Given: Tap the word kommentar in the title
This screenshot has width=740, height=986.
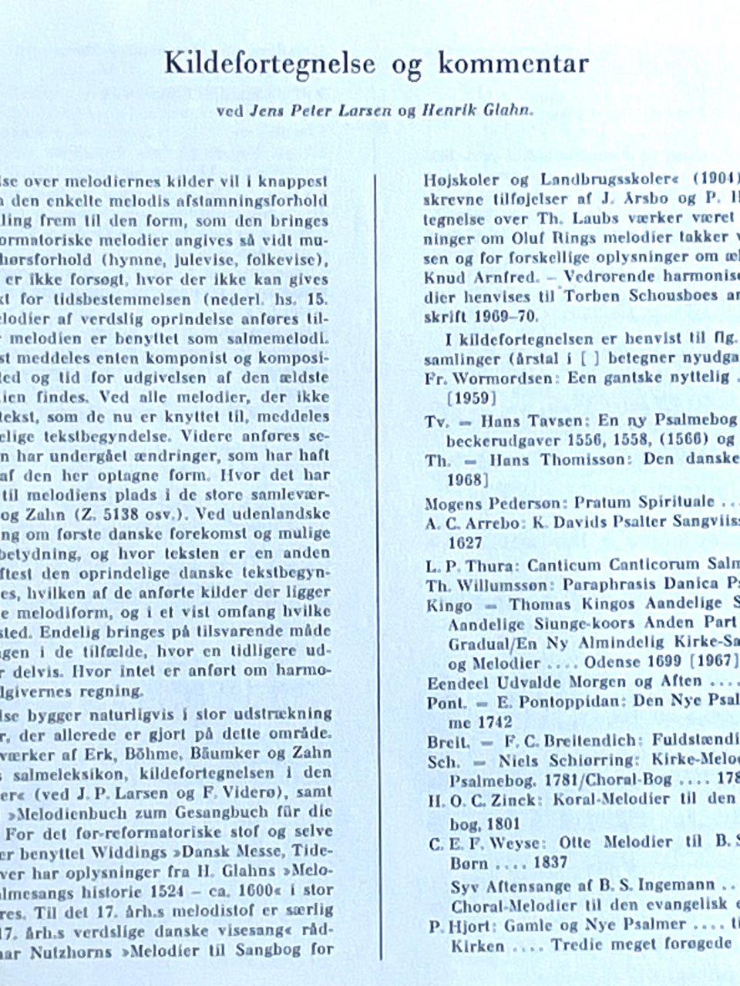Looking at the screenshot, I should tap(513, 64).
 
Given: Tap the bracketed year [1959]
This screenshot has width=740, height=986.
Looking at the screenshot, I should tap(473, 398).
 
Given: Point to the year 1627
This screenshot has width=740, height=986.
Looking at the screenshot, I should tap(466, 542).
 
